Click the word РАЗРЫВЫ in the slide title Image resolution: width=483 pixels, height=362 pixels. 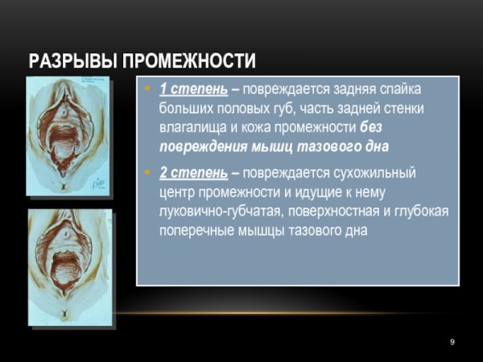point(69,61)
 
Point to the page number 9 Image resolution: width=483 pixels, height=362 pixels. point(452,343)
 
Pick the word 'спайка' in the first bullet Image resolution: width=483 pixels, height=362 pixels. point(399,88)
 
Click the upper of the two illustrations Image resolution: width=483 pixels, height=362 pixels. point(68,137)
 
